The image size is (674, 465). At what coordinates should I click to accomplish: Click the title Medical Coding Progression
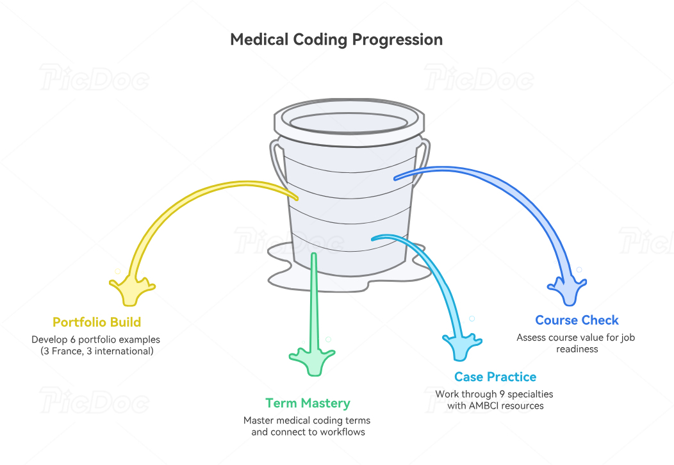point(336,40)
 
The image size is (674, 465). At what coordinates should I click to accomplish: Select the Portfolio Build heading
point(97,322)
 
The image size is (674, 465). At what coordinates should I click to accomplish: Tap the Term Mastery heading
point(308,403)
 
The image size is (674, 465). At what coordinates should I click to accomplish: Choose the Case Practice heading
point(495,377)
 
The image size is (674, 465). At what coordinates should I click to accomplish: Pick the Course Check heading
point(577,320)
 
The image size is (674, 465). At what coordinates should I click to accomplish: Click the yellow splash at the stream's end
point(131,291)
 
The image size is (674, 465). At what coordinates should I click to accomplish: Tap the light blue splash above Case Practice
point(462,347)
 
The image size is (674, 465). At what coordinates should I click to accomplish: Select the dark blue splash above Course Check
point(568,291)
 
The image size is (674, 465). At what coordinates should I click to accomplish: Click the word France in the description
point(66,351)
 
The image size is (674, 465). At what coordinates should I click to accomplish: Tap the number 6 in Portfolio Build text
point(73,339)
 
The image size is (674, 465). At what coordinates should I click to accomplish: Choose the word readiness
point(577,349)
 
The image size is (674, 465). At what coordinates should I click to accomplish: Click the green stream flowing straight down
point(314,301)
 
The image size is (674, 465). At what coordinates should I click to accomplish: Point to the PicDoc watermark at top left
point(95,77)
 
